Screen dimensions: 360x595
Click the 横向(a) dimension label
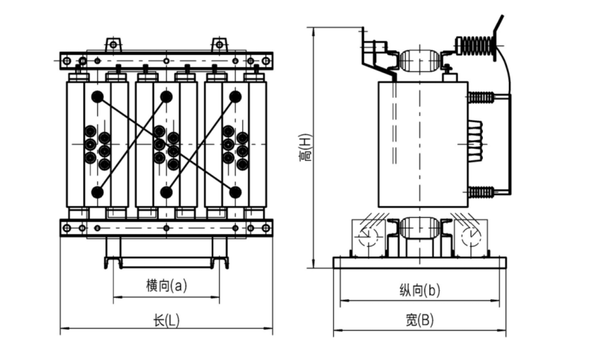coord(167,286)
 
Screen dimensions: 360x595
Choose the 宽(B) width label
coord(420,320)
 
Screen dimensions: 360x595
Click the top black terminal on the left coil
coord(98,96)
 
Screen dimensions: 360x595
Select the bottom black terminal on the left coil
coord(98,192)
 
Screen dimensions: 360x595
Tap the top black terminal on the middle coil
coord(166,96)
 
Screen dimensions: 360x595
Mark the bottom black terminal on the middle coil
coord(166,192)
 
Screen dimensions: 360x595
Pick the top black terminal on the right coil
coord(235,96)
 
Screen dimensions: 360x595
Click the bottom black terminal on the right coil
coord(235,192)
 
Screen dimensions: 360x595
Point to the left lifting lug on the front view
coord(113,45)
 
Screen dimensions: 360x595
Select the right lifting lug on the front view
coord(219,45)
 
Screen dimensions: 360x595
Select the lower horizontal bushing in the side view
coord(481,192)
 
